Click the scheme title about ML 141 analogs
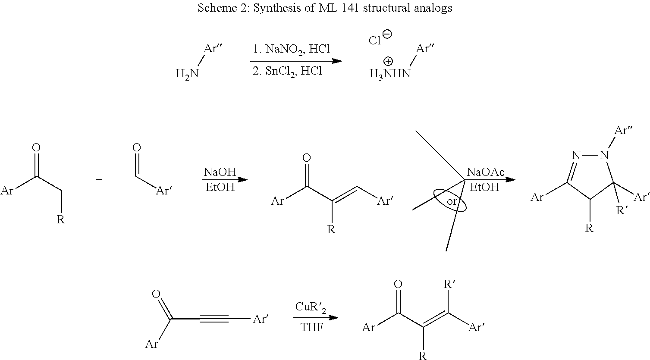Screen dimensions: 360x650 [325, 8]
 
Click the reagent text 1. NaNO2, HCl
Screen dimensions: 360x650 [291, 49]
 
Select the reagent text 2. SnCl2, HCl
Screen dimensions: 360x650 [287, 71]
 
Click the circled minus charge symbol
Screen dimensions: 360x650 [387, 34]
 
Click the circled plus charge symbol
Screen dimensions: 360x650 [388, 61]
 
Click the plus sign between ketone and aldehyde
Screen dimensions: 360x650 [99, 180]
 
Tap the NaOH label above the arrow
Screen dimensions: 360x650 [220, 172]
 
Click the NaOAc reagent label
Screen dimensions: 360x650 [486, 172]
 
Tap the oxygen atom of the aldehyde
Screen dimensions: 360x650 [137, 148]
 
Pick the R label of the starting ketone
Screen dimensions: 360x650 [61, 219]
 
